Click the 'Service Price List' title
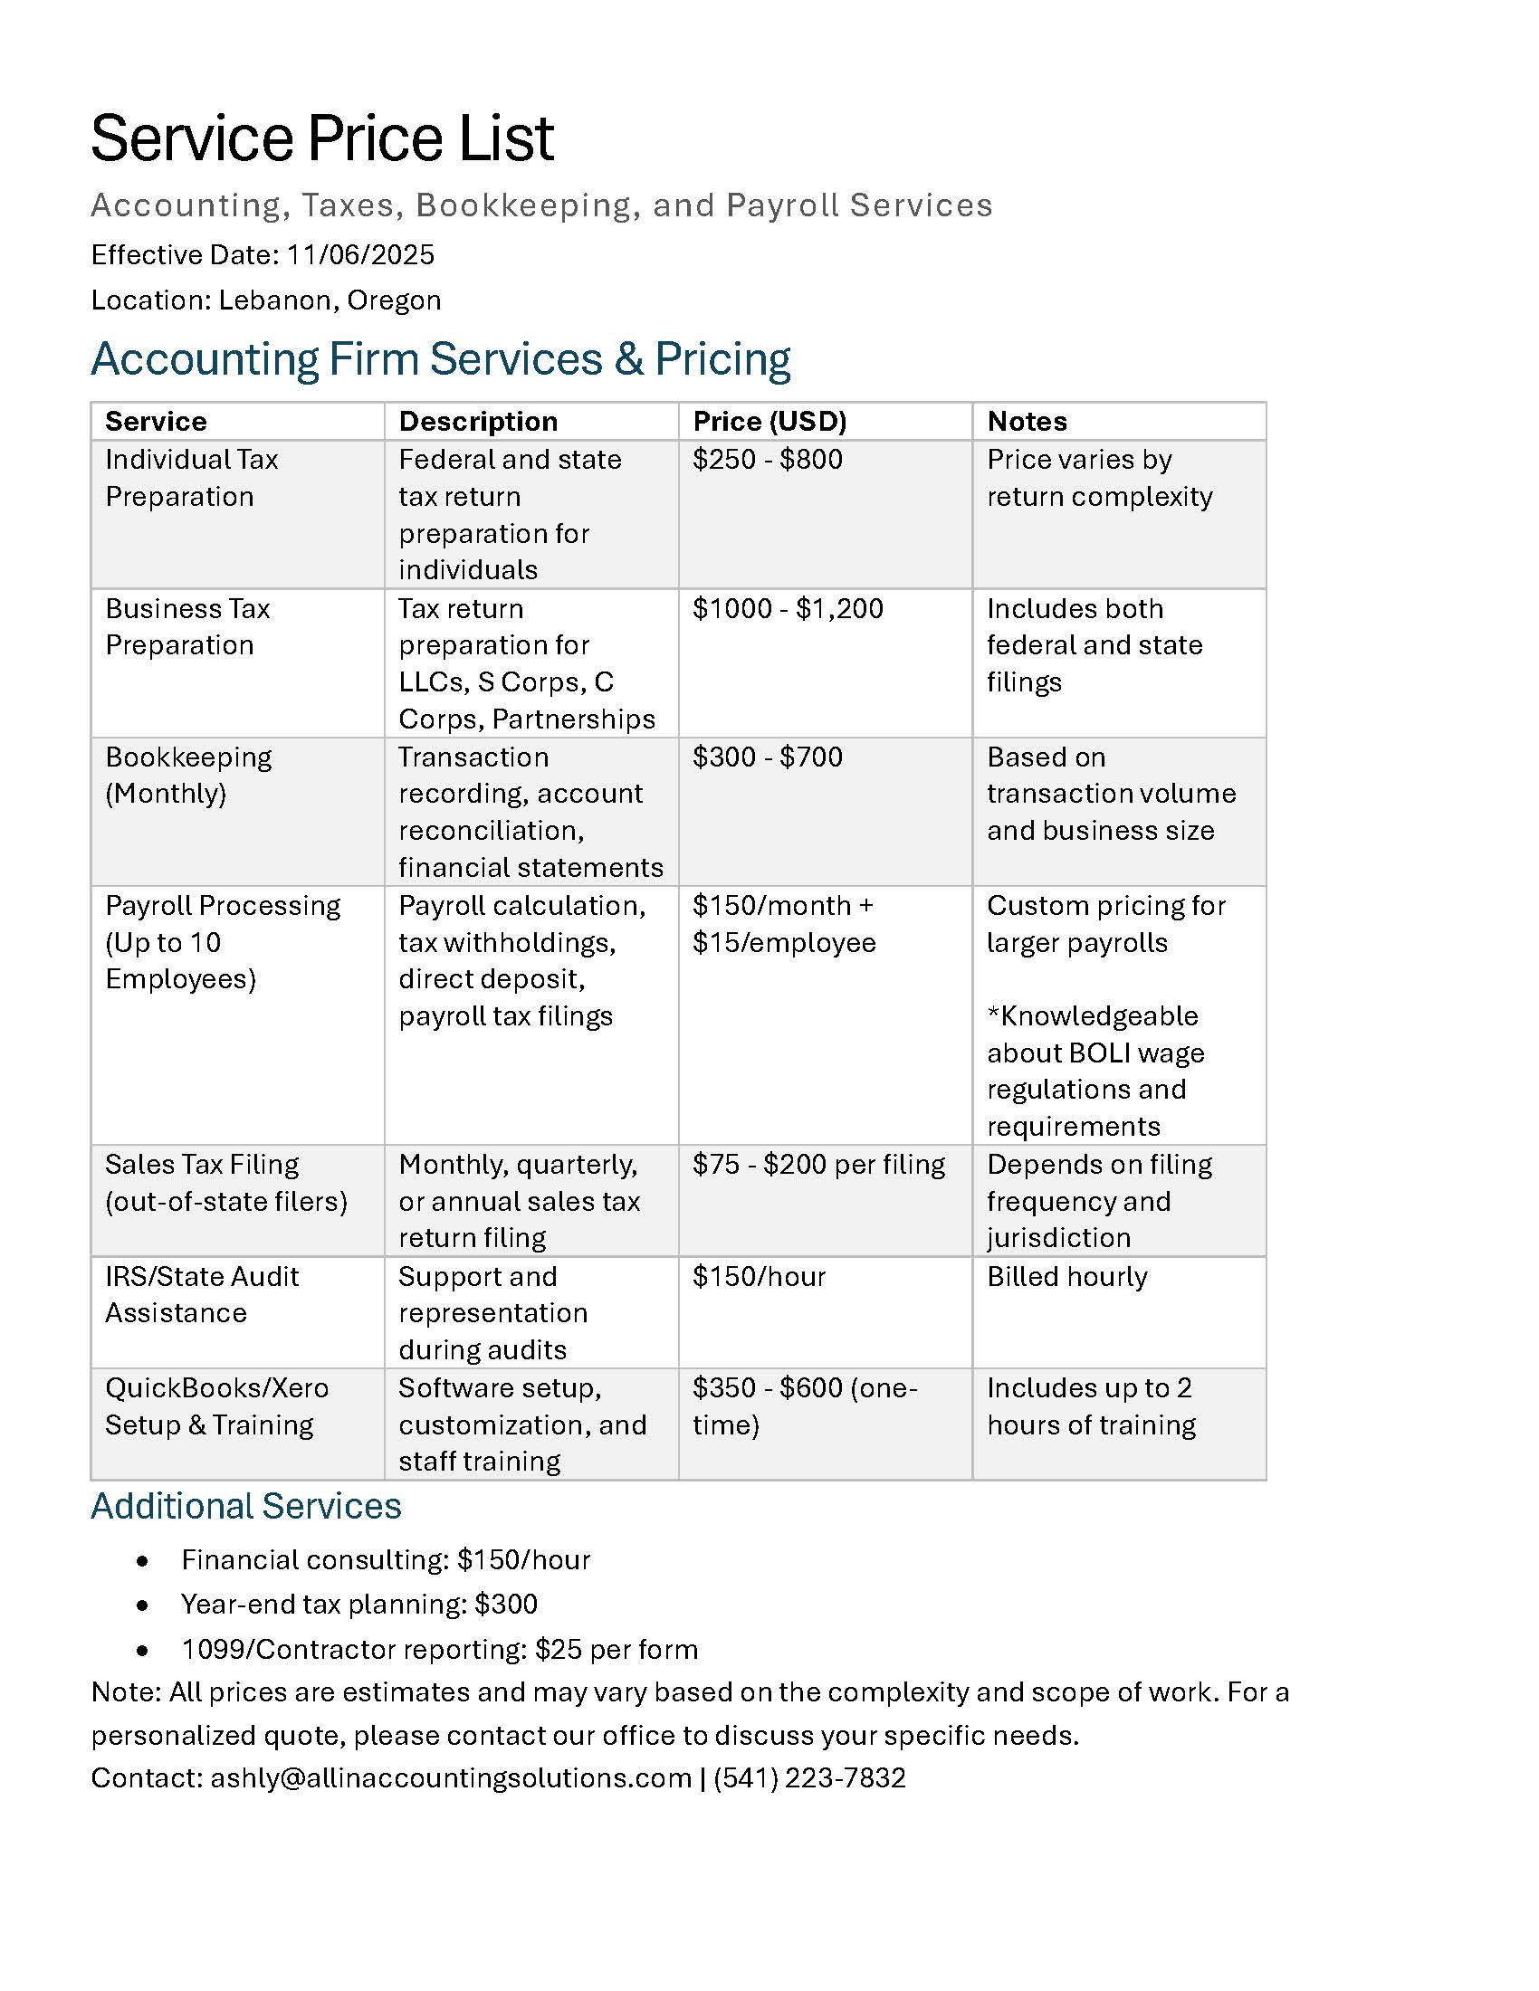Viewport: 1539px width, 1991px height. click(322, 138)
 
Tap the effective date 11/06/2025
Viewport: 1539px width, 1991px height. click(360, 254)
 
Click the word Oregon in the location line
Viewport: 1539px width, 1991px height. click(394, 300)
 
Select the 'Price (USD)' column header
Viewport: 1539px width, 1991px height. click(769, 421)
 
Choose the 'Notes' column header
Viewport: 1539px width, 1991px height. click(1027, 421)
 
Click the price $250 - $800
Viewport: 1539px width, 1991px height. click(768, 460)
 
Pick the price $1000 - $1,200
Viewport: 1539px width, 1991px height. click(788, 608)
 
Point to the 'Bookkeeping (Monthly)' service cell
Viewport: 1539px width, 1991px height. click(187, 775)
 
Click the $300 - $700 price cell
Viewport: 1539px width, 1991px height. click(768, 757)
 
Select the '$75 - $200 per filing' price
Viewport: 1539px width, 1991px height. click(818, 1164)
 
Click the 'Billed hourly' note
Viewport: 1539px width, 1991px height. click(1066, 1276)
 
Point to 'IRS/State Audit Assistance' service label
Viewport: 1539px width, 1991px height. click(202, 1294)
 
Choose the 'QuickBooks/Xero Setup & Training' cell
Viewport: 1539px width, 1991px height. click(216, 1405)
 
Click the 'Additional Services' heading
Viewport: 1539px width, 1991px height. click(246, 1506)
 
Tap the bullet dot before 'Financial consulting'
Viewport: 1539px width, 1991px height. click(142, 1562)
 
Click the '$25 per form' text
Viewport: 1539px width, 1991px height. click(617, 1649)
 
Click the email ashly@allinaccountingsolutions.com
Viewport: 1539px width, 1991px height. click(451, 1777)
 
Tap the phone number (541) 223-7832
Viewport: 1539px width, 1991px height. click(809, 1777)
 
